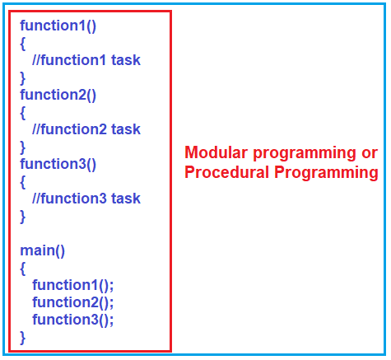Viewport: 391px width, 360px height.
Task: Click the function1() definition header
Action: [x=58, y=26]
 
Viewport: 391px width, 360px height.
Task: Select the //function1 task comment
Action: [x=86, y=60]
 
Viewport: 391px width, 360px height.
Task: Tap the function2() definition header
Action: [x=58, y=95]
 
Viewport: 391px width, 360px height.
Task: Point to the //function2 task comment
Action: [x=86, y=129]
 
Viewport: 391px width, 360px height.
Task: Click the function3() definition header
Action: [x=58, y=164]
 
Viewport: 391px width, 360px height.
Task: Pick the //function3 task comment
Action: [x=86, y=199]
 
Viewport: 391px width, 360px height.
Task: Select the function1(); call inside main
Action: [x=73, y=286]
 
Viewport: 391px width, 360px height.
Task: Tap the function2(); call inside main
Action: [x=73, y=302]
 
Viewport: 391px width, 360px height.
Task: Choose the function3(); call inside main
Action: [x=73, y=320]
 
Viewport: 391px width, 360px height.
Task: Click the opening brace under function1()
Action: [x=23, y=43]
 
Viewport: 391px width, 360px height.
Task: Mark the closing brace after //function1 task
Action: [x=23, y=77]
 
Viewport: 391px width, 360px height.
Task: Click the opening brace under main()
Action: [x=23, y=269]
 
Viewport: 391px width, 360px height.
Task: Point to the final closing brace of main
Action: [x=23, y=337]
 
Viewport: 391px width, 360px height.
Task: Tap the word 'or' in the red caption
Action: [x=369, y=153]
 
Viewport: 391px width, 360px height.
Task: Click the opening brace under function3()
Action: [x=23, y=181]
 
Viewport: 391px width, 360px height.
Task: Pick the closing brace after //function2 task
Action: [x=23, y=147]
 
